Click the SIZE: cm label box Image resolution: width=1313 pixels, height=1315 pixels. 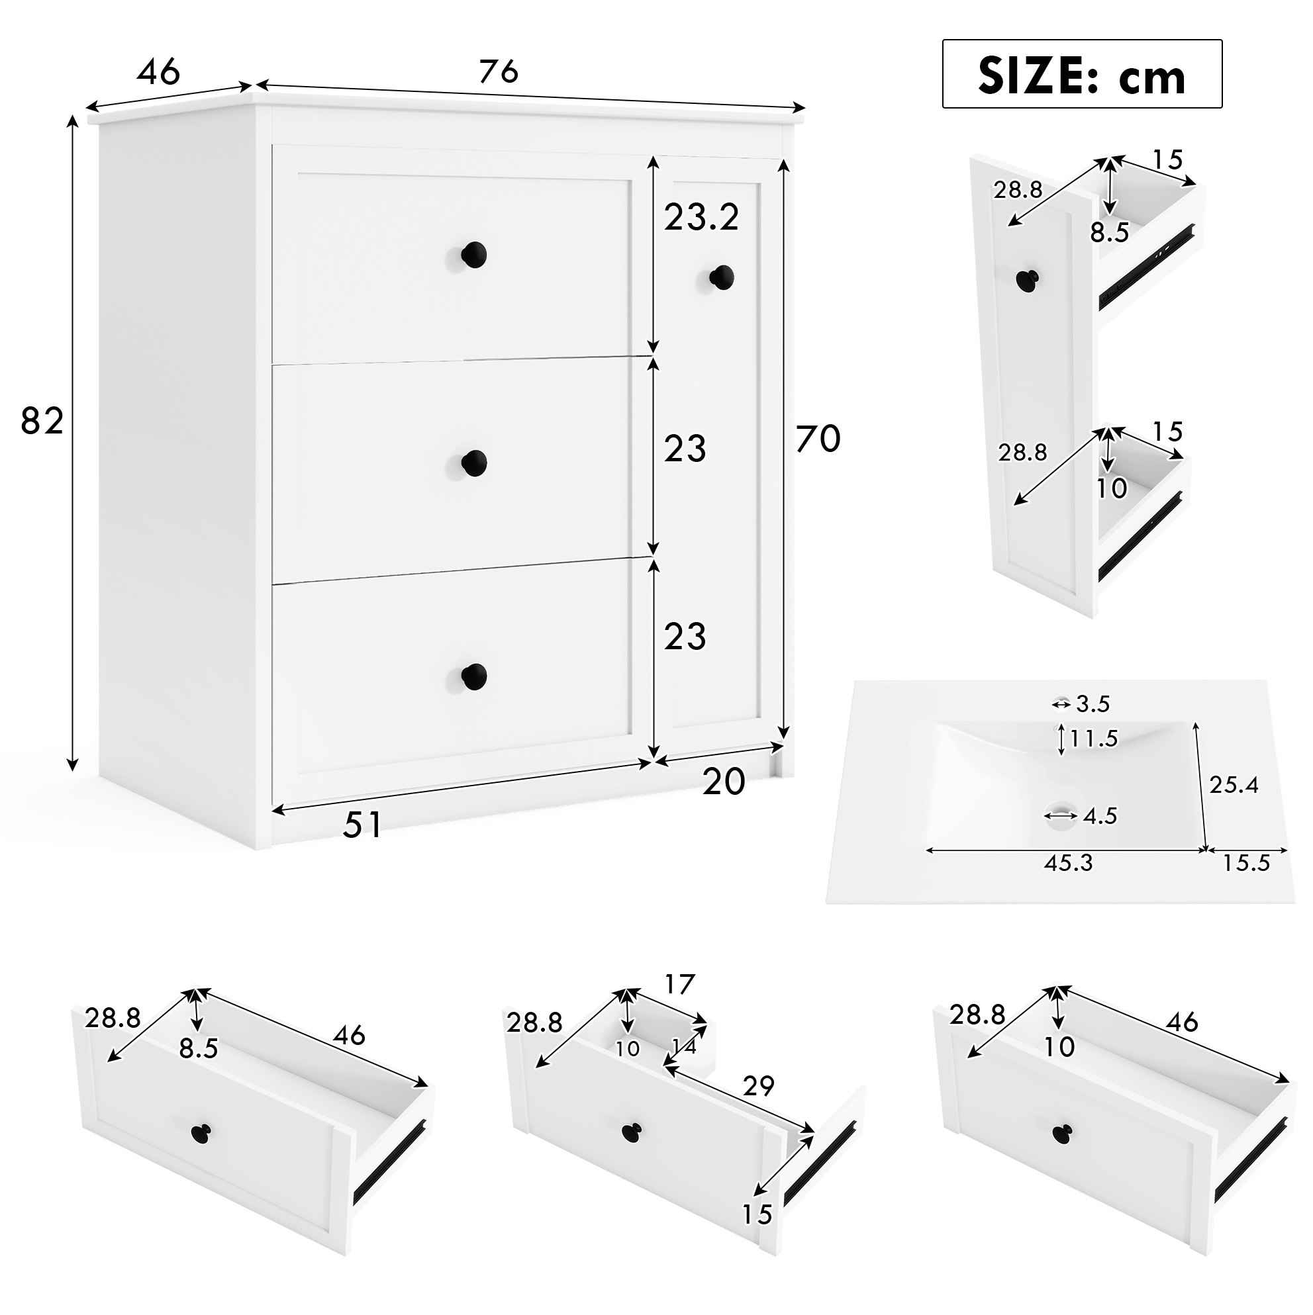pyautogui.click(x=1081, y=74)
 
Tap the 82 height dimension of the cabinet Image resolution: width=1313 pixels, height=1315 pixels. pyautogui.click(x=42, y=422)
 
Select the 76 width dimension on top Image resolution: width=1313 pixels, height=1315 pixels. pyautogui.click(x=499, y=71)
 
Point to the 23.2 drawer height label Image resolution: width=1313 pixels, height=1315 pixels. pyautogui.click(x=701, y=218)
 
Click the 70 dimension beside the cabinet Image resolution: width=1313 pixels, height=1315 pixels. pyautogui.click(x=818, y=438)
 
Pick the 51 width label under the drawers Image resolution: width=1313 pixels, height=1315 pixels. pyautogui.click(x=362, y=825)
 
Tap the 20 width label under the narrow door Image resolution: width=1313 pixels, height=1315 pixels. pyautogui.click(x=724, y=782)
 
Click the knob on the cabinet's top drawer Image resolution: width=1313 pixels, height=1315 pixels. pyautogui.click(x=473, y=255)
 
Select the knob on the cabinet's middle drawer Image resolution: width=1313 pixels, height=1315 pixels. pyautogui.click(x=473, y=463)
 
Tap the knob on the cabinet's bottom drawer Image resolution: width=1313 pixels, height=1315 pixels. pyautogui.click(x=473, y=675)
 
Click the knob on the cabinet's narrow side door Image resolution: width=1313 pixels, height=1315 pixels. pyautogui.click(x=721, y=277)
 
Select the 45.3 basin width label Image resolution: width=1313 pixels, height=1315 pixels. pyautogui.click(x=1068, y=863)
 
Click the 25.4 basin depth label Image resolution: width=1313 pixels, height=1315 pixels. pyautogui.click(x=1234, y=785)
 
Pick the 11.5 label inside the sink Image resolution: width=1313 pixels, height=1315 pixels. pyautogui.click(x=1093, y=739)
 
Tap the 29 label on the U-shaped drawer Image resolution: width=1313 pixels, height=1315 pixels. pyautogui.click(x=759, y=1086)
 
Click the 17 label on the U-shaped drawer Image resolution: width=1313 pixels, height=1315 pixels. pyautogui.click(x=679, y=984)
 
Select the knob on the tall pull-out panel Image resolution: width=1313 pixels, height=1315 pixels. pyautogui.click(x=1028, y=280)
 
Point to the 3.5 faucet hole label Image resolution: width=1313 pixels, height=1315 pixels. pyautogui.click(x=1093, y=703)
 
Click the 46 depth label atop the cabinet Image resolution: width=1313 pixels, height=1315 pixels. pyautogui.click(x=159, y=71)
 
